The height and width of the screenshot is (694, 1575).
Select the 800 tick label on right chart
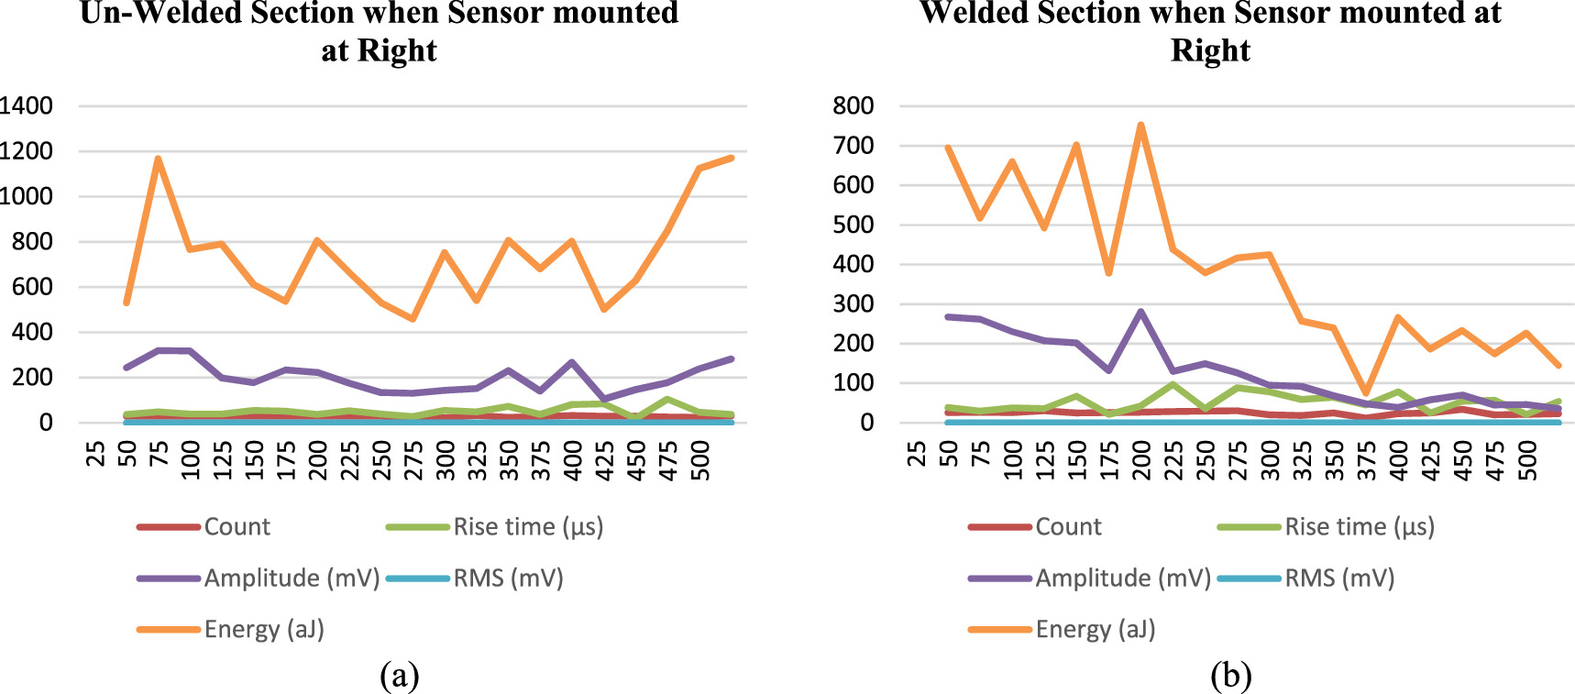click(x=853, y=105)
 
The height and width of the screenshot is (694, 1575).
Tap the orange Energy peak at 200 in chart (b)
click(x=1140, y=125)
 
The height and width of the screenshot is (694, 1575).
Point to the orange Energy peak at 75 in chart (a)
click(x=159, y=159)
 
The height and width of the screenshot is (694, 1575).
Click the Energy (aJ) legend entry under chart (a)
click(x=264, y=629)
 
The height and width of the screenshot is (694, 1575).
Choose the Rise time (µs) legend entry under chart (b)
click(x=1359, y=526)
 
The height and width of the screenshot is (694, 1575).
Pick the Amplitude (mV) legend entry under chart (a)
click(x=291, y=578)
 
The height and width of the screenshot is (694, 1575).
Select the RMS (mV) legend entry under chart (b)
click(x=1338, y=578)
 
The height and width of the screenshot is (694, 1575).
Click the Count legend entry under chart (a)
click(x=237, y=526)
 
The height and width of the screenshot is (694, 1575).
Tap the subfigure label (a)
click(x=399, y=676)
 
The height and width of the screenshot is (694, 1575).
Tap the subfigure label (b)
click(x=1230, y=676)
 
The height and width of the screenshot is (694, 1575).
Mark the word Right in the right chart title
click(x=1210, y=50)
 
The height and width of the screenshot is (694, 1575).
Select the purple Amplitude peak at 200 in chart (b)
click(x=1140, y=312)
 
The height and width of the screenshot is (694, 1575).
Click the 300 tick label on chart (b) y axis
click(x=853, y=303)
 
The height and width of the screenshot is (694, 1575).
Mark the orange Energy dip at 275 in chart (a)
click(x=413, y=318)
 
